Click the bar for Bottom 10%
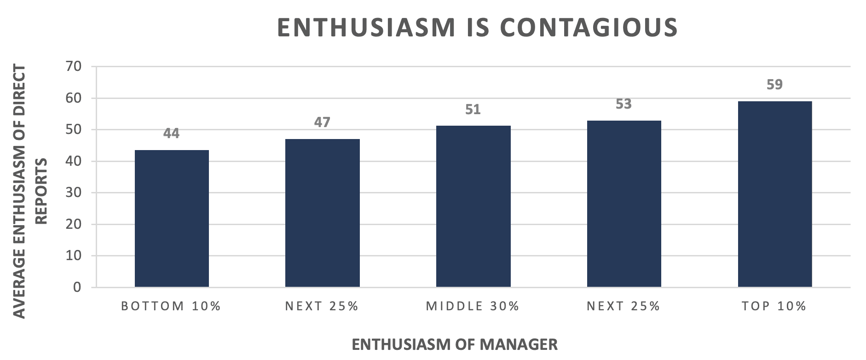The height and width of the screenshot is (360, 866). click(172, 219)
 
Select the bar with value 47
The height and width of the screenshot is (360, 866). click(322, 213)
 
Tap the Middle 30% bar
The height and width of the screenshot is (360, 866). click(473, 207)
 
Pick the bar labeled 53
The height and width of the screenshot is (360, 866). click(624, 204)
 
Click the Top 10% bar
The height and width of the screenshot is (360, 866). click(774, 194)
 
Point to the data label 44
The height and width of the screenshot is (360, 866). click(171, 134)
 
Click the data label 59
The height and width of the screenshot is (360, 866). click(774, 85)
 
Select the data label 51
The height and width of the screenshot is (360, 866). click(473, 110)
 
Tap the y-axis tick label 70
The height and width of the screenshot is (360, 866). click(73, 66)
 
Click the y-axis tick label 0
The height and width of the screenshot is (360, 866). click(77, 287)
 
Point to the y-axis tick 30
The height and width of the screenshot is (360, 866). click(73, 192)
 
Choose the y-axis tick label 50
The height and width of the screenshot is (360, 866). click(73, 129)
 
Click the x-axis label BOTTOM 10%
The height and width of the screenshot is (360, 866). click(171, 306)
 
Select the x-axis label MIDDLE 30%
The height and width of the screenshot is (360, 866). click(473, 306)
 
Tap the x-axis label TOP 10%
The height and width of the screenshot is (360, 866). click(774, 306)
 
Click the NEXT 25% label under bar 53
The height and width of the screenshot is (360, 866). click(624, 306)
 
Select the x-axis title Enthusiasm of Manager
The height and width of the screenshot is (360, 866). click(455, 344)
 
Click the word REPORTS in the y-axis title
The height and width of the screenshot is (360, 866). click(41, 191)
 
